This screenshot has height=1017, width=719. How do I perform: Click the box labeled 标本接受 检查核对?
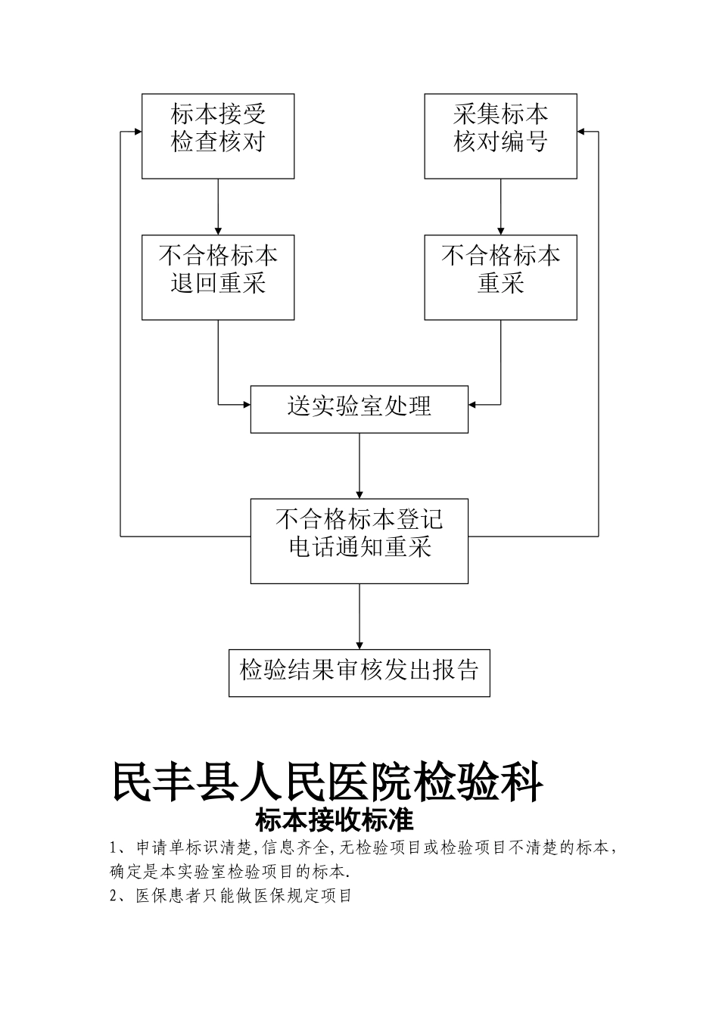(218, 136)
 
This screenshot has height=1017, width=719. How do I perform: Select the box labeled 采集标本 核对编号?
(500, 136)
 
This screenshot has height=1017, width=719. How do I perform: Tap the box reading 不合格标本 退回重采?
(218, 277)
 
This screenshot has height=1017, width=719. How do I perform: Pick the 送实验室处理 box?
(359, 409)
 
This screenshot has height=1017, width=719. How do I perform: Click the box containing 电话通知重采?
(359, 540)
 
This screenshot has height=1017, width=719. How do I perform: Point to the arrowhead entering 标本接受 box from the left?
(138, 132)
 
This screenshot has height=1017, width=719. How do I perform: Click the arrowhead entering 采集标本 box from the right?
(581, 132)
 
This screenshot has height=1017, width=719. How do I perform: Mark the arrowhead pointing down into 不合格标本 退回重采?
(218, 230)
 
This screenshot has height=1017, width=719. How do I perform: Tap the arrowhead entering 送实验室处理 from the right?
(473, 405)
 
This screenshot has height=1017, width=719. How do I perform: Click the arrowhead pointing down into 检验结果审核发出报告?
(359, 644)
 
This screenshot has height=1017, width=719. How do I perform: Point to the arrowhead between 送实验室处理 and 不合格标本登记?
(359, 493)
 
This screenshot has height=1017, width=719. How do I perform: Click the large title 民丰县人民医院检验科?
(328, 782)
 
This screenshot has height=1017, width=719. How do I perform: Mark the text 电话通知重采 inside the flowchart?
(360, 548)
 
